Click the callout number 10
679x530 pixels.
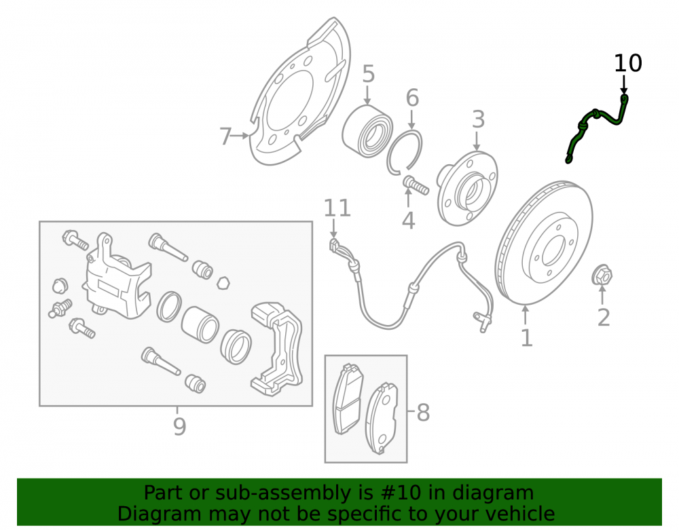pyautogui.click(x=628, y=63)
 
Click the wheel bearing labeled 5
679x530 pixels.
pyautogui.click(x=367, y=131)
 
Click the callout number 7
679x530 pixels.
pyautogui.click(x=225, y=136)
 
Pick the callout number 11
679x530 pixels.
pyautogui.click(x=337, y=208)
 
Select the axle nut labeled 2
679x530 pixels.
pyautogui.click(x=602, y=276)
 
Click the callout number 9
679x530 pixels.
pyautogui.click(x=179, y=426)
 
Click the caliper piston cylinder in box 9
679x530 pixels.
pyautogui.click(x=200, y=324)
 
